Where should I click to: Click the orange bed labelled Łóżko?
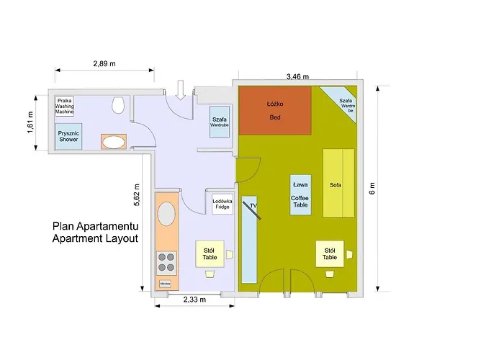pyautogui.click(x=274, y=110)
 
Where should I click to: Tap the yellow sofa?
pyautogui.click(x=338, y=183)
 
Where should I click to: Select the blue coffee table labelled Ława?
pyautogui.click(x=300, y=194)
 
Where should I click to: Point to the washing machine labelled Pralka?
pyautogui.click(x=65, y=105)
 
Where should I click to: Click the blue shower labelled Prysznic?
pyautogui.click(x=69, y=136)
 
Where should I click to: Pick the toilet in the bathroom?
pyautogui.click(x=118, y=105)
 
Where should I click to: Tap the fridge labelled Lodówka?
pyautogui.click(x=222, y=205)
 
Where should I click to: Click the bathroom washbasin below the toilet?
pyautogui.click(x=112, y=140)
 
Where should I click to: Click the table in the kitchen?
pyautogui.click(x=210, y=253)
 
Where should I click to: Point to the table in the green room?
pyautogui.click(x=330, y=253)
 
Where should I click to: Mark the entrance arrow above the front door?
pyautogui.click(x=180, y=89)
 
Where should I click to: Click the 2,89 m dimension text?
pyautogui.click(x=104, y=64)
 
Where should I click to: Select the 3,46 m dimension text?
pyautogui.click(x=297, y=76)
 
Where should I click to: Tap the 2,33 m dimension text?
pyautogui.click(x=194, y=299)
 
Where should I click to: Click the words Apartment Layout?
pyautogui.click(x=94, y=238)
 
